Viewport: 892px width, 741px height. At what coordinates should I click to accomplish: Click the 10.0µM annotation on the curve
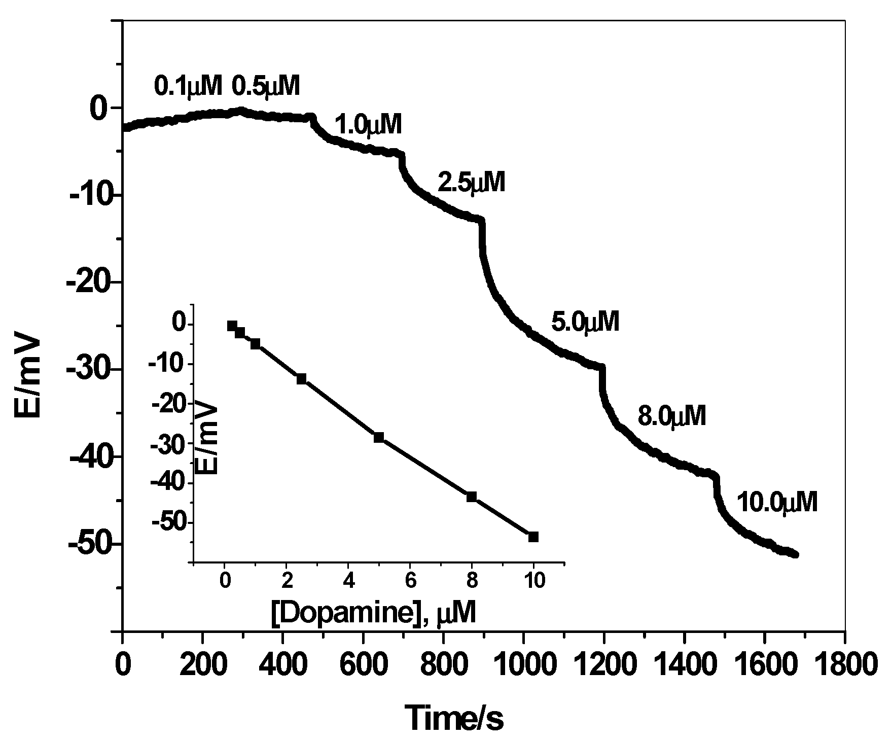(x=776, y=503)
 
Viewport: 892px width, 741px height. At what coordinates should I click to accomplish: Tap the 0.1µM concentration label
(x=188, y=86)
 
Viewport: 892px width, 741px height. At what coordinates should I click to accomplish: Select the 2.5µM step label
(x=471, y=183)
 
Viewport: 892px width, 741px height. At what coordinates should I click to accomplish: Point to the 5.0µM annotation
(x=585, y=322)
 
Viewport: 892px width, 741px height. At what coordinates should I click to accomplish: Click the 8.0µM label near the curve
(x=671, y=417)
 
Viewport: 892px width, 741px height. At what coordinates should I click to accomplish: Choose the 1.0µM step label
(x=368, y=125)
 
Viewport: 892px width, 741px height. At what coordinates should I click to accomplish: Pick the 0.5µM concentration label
(x=266, y=86)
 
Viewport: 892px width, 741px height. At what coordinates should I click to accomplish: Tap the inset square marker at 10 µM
(x=533, y=537)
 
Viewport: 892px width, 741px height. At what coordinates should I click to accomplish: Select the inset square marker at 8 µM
(x=472, y=497)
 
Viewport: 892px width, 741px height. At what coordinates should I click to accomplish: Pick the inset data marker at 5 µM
(x=378, y=437)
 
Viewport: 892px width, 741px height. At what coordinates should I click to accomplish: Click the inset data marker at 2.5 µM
(x=301, y=378)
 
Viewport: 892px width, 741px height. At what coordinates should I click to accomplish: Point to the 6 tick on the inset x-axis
(x=410, y=580)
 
